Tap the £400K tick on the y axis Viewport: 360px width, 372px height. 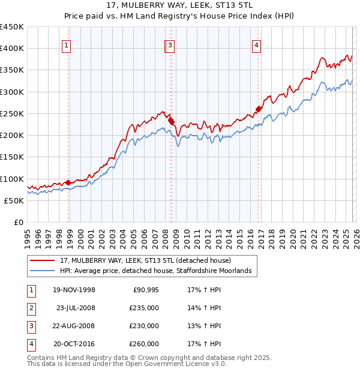tap(12, 49)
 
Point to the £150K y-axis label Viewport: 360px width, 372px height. tap(12, 157)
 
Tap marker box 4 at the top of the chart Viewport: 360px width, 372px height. tap(256, 44)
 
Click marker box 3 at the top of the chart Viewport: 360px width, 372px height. tap(170, 44)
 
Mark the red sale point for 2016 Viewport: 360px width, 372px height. tap(259, 109)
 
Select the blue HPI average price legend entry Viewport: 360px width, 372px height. tap(158, 271)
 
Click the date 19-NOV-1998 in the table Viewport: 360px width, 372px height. tap(74, 290)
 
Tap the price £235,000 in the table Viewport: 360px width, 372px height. tap(144, 308)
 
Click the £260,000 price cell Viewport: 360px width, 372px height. tap(144, 344)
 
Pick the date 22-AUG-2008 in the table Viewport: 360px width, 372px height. tap(74, 326)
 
